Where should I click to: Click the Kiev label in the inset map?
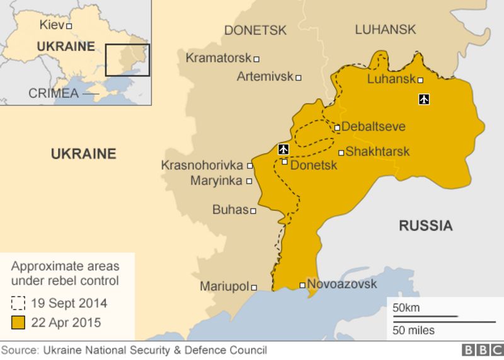pyautogui.click(x=51, y=25)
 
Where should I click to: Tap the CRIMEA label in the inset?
pyautogui.click(x=54, y=93)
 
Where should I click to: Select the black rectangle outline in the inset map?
pyautogui.click(x=127, y=60)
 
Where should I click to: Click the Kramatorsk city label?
pyautogui.click(x=219, y=58)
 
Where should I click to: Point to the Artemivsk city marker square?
pyautogui.click(x=299, y=78)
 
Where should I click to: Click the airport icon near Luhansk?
pyautogui.click(x=424, y=99)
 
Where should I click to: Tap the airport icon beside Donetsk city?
pyautogui.click(x=283, y=149)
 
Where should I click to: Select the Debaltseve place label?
pyautogui.click(x=373, y=127)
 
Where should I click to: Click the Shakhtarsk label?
pyautogui.click(x=377, y=151)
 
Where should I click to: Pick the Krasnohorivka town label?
pyautogui.click(x=202, y=165)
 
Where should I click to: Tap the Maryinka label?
pyautogui.click(x=217, y=181)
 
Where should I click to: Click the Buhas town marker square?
pyautogui.click(x=253, y=211)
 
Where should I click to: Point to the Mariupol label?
pyautogui.click(x=224, y=286)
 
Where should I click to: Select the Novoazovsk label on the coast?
pyautogui.click(x=342, y=284)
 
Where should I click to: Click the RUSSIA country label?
pyautogui.click(x=425, y=226)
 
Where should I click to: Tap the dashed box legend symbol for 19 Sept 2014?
pyautogui.click(x=18, y=303)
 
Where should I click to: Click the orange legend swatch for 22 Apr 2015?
pyautogui.click(x=18, y=323)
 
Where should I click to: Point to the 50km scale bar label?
pyautogui.click(x=406, y=308)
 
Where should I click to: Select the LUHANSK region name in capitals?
pyautogui.click(x=385, y=30)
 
